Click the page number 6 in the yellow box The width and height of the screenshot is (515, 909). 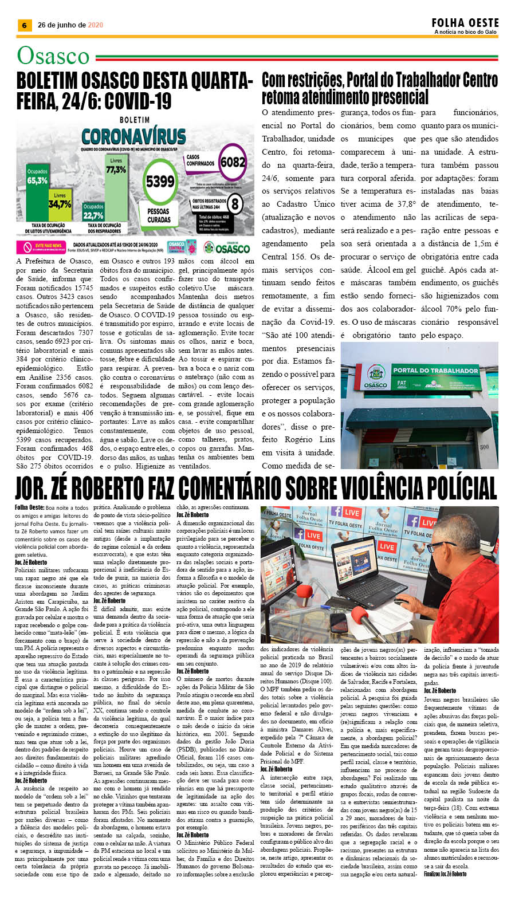pyautogui.click(x=24, y=25)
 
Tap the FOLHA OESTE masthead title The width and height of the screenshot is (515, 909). pyautogui.click(x=465, y=23)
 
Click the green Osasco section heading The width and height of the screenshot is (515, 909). pyautogui.click(x=53, y=56)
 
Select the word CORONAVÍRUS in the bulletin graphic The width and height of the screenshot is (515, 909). pyautogui.click(x=133, y=136)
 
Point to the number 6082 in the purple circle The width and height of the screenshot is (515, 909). pyautogui.click(x=233, y=162)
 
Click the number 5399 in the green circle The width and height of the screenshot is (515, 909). pyautogui.click(x=159, y=182)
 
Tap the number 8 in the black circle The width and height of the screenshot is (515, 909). pyautogui.click(x=235, y=203)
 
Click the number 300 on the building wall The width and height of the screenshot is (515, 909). pyautogui.click(x=484, y=447)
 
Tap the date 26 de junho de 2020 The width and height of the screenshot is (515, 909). pyautogui.click(x=70, y=25)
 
